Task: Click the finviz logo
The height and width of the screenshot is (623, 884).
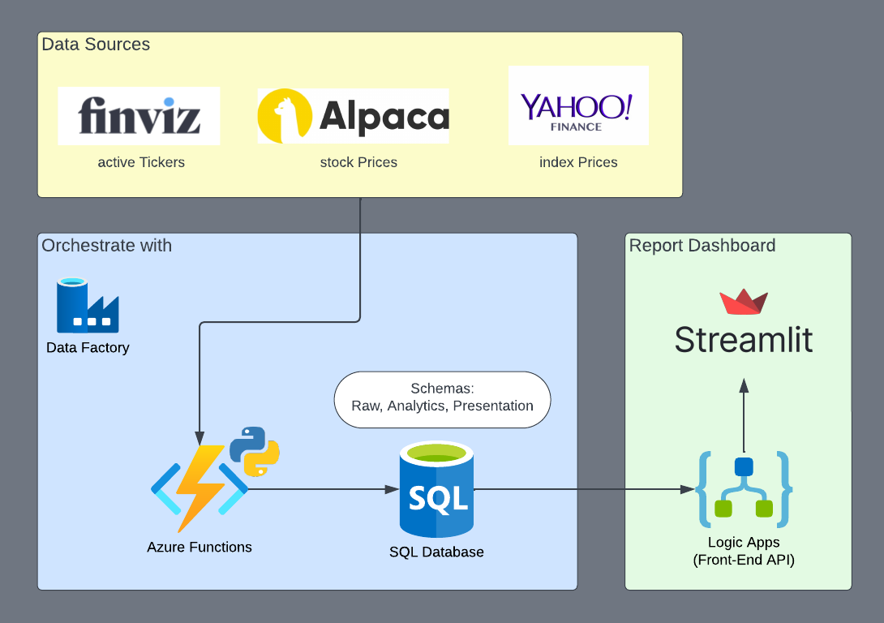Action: (x=139, y=116)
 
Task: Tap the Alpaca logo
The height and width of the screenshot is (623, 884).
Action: (x=353, y=116)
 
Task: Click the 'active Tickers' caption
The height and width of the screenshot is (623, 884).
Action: (x=141, y=162)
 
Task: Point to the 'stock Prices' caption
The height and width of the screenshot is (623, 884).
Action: (x=358, y=162)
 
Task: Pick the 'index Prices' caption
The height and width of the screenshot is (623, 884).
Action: (x=578, y=162)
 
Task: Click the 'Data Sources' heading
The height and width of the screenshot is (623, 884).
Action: (x=96, y=45)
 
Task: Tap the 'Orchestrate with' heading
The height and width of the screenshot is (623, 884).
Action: (x=106, y=245)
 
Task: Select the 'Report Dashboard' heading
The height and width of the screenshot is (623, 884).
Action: (x=702, y=245)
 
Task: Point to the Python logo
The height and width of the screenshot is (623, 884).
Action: (x=255, y=451)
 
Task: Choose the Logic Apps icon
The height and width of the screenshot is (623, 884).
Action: (x=744, y=489)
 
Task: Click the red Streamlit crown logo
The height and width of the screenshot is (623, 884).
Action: (x=744, y=301)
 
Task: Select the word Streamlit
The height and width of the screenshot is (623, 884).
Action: (x=744, y=340)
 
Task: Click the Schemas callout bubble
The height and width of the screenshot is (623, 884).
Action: (x=442, y=398)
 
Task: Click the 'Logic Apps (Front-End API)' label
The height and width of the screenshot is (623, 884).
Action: (x=743, y=551)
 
